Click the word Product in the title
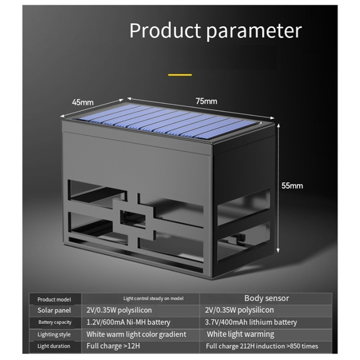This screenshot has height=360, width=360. [x=165, y=30]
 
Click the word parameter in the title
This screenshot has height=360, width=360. [x=254, y=31]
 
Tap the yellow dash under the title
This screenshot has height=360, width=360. [x=180, y=75]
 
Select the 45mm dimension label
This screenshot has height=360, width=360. [x=83, y=102]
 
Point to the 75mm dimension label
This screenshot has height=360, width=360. [x=207, y=101]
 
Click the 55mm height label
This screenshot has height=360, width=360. [x=292, y=185]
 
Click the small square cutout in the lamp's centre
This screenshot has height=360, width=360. [x=133, y=219]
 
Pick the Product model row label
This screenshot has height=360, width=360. [x=54, y=299]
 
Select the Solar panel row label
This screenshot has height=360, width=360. [x=54, y=310]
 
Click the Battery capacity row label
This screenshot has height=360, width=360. [x=55, y=322]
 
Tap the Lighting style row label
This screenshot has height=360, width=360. [x=54, y=334]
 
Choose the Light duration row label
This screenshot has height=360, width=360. [x=54, y=346]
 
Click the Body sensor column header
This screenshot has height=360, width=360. [x=266, y=298]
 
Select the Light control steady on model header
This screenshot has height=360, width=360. [x=153, y=298]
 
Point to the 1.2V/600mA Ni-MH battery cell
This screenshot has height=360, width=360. [x=128, y=322]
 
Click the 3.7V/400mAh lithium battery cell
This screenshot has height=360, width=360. [x=251, y=322]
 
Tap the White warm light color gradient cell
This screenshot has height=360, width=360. [x=136, y=334]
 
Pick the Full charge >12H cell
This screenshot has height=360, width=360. [x=113, y=346]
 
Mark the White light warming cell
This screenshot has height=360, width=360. [x=240, y=334]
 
